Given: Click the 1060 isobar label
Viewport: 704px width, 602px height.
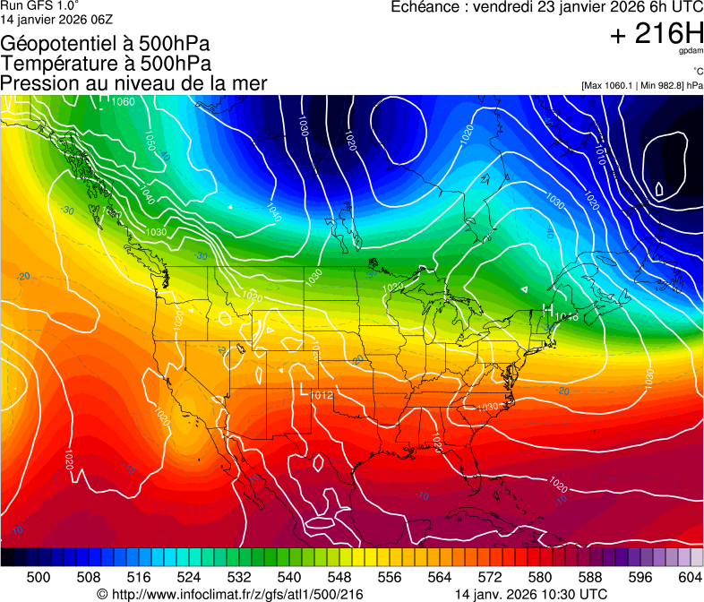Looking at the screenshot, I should (124, 101).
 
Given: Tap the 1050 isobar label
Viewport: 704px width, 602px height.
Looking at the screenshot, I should (150, 141).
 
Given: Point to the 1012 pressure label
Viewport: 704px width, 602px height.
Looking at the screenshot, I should (322, 394).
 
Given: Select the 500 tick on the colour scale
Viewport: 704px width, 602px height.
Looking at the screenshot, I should (39, 577).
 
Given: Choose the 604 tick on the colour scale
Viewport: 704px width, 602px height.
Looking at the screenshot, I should (691, 577).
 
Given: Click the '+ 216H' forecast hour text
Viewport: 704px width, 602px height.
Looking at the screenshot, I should (657, 34).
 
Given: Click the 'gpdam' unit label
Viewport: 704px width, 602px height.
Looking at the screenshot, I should (691, 53).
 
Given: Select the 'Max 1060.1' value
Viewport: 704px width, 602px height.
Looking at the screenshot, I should (608, 86).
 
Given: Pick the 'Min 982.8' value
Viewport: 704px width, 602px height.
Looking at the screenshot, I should (661, 86).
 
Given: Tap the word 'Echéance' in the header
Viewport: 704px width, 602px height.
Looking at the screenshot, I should (424, 7).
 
